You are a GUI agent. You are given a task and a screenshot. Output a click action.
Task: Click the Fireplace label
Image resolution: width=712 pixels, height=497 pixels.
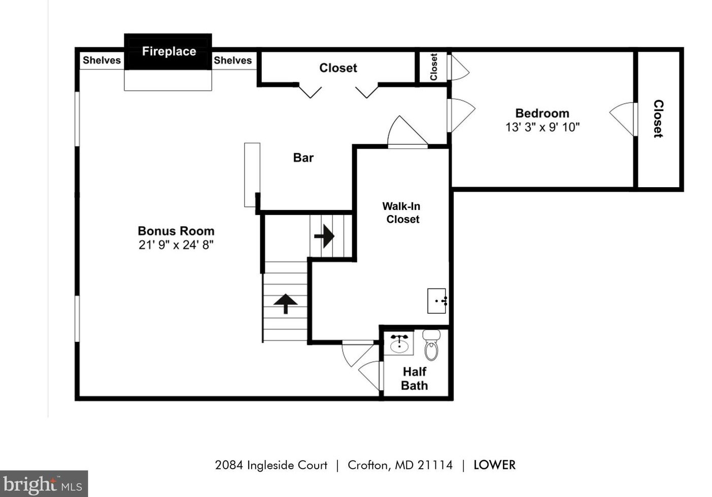coord(168,51)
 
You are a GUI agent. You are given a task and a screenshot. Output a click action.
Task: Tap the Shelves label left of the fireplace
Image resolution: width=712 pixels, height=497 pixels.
coord(101,60)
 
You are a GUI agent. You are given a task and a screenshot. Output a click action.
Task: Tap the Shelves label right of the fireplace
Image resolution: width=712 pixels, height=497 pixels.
coord(232,60)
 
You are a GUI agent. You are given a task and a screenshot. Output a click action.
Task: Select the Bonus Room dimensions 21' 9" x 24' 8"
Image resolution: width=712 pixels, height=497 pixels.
coord(176,245)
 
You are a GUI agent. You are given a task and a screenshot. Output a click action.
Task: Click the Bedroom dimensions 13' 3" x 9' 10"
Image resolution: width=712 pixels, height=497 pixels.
coord(542,127)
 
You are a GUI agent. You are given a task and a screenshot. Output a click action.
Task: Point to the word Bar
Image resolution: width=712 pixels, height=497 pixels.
coord(303,158)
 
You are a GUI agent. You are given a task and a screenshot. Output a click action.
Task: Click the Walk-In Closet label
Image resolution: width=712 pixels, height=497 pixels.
coord(401,213)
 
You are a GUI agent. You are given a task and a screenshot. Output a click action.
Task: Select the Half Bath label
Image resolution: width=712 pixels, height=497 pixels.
coord(414,379)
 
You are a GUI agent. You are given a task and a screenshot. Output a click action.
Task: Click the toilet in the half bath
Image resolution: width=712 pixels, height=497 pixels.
coord(431,345)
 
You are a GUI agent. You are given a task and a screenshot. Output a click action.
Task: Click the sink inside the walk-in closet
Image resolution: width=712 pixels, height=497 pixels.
coord(436,301)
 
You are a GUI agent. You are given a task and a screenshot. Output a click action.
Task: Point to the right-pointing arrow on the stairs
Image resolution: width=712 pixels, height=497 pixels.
coord(324,236)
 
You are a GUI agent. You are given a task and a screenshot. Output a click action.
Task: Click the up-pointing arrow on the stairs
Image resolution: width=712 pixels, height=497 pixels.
coord(285,303)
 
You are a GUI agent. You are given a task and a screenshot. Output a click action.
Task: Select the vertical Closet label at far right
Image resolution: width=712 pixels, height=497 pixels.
coord(658,119)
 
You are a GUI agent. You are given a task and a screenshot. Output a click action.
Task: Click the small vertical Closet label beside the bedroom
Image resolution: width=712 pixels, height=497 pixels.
coord(433,67)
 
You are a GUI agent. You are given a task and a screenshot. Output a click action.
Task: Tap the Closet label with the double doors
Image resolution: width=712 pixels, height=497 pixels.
coord(338,68)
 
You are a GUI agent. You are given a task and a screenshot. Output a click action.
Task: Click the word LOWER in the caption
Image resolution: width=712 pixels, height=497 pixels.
coord(494,465)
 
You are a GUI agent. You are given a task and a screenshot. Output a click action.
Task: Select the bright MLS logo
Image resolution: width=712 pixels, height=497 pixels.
coord(44,484)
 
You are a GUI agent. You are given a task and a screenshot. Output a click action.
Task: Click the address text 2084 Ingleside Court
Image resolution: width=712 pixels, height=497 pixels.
coord(271,465)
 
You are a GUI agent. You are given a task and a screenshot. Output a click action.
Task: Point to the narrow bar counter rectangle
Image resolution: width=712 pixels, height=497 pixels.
coord(252,174)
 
